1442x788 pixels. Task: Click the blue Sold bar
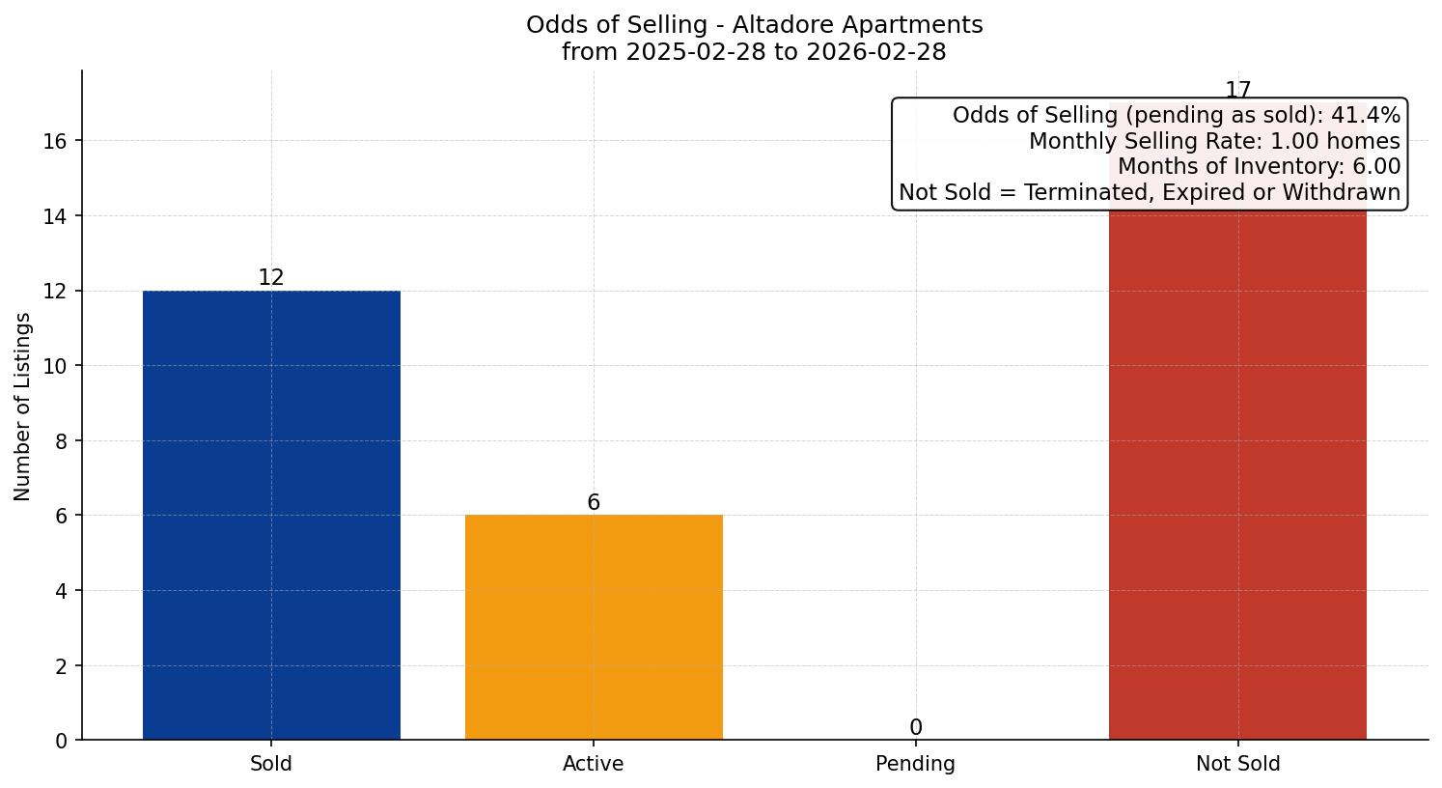coord(271,515)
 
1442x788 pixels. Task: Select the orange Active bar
coord(594,627)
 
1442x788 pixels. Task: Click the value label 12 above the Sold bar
coord(271,278)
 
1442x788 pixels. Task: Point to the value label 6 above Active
coord(594,503)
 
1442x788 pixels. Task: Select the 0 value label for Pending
coord(915,728)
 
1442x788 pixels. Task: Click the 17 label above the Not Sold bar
coord(1237,91)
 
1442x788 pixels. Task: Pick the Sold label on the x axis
coord(271,764)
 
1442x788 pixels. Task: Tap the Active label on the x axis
coord(594,764)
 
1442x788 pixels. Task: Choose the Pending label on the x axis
coord(915,764)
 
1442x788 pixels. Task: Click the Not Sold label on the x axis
coord(1237,764)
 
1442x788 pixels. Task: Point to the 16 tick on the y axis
coord(55,141)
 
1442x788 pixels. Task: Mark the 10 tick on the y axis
coord(55,366)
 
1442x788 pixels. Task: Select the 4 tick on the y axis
coord(61,591)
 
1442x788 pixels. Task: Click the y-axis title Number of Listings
coord(22,407)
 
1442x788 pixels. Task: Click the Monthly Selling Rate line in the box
coord(1213,141)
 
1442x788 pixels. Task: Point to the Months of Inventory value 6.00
coord(1375,167)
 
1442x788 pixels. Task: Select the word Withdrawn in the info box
coord(1345,192)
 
